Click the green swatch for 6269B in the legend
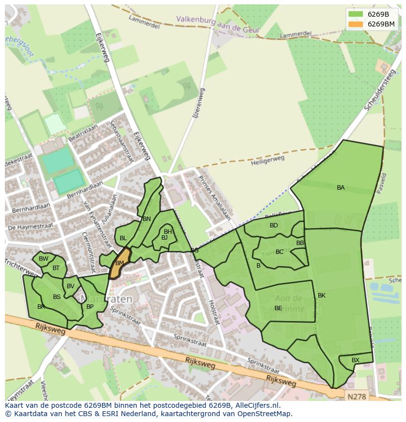click(x=355, y=14)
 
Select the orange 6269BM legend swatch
click(x=355, y=24)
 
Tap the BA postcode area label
click(x=341, y=188)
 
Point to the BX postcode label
click(x=355, y=360)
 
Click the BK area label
click(x=322, y=296)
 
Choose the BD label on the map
click(x=274, y=225)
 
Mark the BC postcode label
click(x=279, y=252)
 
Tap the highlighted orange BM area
click(x=120, y=263)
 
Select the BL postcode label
click(x=123, y=238)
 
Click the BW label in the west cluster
click(x=44, y=259)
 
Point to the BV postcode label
click(x=71, y=286)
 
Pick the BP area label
click(x=90, y=307)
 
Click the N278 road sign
click(x=357, y=395)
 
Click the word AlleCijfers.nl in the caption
click(x=255, y=406)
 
